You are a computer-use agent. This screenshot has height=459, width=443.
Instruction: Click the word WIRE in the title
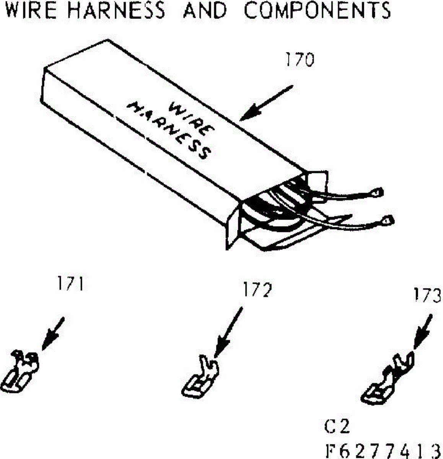31,10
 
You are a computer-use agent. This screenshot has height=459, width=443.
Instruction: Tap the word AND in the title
205,10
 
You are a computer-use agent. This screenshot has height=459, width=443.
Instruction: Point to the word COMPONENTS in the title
318,10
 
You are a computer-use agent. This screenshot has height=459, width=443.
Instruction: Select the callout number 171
70,283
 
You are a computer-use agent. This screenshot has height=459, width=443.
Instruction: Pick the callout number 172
257,290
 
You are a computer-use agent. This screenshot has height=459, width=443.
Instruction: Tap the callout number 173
427,295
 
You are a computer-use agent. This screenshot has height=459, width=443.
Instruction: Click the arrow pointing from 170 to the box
267,103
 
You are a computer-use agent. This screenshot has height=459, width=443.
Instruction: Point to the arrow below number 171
53,334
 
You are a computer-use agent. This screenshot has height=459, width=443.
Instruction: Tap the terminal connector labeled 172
200,376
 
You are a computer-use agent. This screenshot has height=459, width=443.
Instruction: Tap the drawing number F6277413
383,451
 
